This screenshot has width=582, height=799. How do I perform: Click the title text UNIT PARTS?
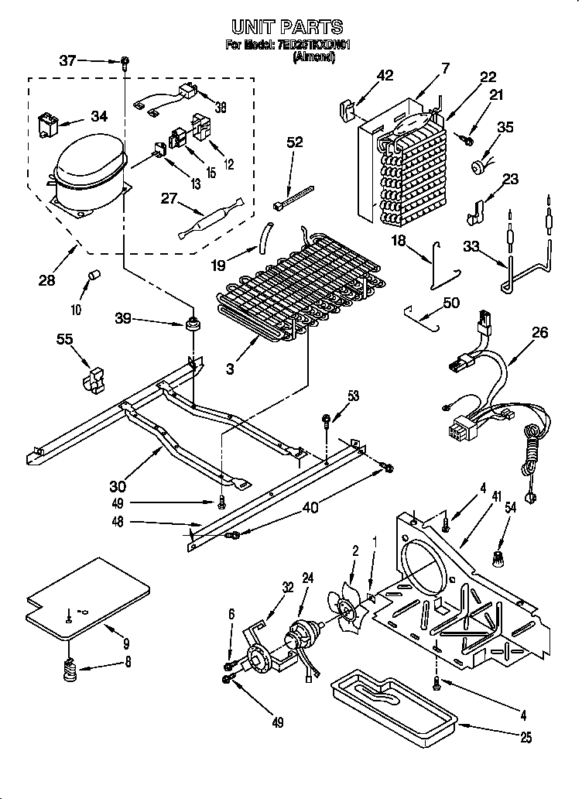(288, 28)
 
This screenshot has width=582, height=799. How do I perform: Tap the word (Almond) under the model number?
(313, 56)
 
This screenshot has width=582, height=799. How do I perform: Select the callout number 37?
(68, 60)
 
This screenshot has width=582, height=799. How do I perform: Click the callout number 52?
(295, 142)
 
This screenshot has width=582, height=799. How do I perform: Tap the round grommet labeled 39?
(190, 321)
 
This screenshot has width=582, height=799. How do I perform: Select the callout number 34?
(99, 116)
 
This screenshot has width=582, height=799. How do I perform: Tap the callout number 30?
(118, 486)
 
